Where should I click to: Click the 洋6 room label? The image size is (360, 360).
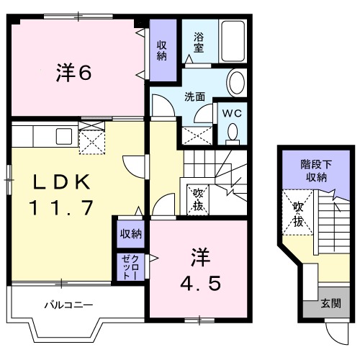(x=74, y=73)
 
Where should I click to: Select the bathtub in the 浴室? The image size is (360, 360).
(x=232, y=41)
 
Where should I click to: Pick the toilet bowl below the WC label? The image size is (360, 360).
(x=233, y=130)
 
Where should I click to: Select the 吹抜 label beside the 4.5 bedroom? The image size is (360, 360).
(x=197, y=200)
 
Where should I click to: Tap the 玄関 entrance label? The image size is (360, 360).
(x=332, y=302)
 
